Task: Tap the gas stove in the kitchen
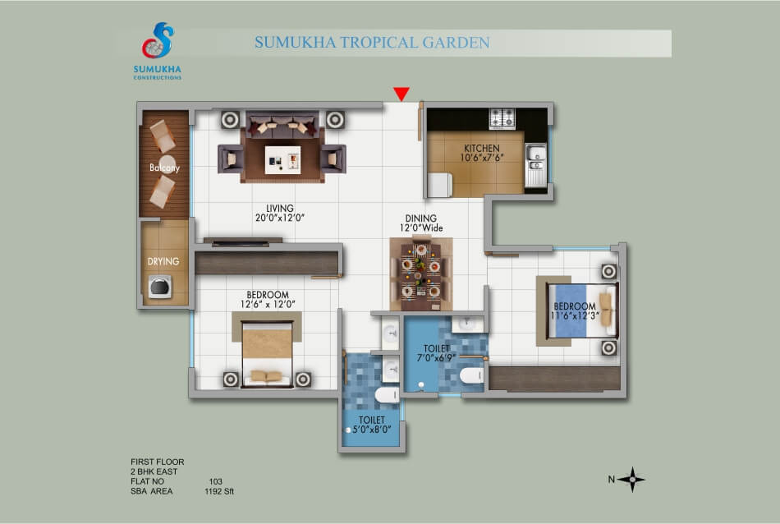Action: click(x=502, y=118)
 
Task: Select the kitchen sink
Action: click(x=536, y=164)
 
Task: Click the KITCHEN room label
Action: click(x=481, y=149)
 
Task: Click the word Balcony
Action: click(x=164, y=168)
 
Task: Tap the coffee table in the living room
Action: click(x=282, y=159)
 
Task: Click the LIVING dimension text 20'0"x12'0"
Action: click(x=279, y=218)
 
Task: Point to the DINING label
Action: click(x=421, y=218)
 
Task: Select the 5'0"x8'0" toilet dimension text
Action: click(x=372, y=430)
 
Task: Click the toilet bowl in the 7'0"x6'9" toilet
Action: click(x=471, y=375)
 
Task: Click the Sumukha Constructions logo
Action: click(x=157, y=50)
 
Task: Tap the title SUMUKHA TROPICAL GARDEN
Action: click(x=372, y=43)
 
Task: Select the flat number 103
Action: click(x=215, y=481)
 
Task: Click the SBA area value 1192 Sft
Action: click(x=219, y=491)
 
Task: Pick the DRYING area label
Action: click(x=163, y=261)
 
